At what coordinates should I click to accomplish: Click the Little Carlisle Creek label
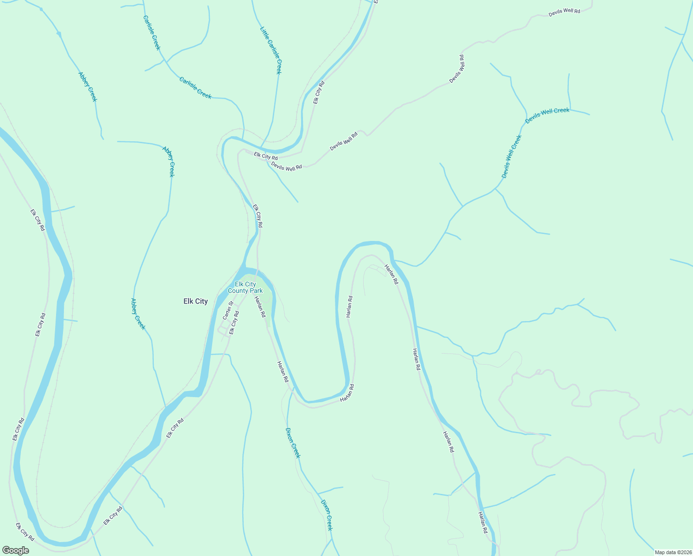coord(271,50)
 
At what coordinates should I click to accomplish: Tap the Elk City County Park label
coord(245,287)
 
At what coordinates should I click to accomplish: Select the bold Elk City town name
coord(195,301)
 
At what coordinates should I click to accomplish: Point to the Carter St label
coord(227,310)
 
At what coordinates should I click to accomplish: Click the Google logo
coord(15,550)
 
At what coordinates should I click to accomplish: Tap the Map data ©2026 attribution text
coord(672,552)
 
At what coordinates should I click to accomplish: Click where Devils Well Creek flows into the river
coord(394,260)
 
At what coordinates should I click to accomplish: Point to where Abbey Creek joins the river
coord(166,408)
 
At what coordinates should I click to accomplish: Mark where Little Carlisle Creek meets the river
coord(262,147)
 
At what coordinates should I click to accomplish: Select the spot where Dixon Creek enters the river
coord(291,388)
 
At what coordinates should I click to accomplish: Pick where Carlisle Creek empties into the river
coord(243,138)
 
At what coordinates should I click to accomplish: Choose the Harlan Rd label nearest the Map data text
coord(483,522)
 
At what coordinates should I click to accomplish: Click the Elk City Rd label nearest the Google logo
coord(25,532)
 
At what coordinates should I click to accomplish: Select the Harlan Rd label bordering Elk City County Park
coord(259,306)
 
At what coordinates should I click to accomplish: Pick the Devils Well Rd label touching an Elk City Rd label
coord(286,166)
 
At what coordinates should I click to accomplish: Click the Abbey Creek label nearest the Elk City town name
coord(138,314)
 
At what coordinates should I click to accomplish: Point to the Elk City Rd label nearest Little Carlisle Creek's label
coord(319,92)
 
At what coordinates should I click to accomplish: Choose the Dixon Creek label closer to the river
coord(293,442)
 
